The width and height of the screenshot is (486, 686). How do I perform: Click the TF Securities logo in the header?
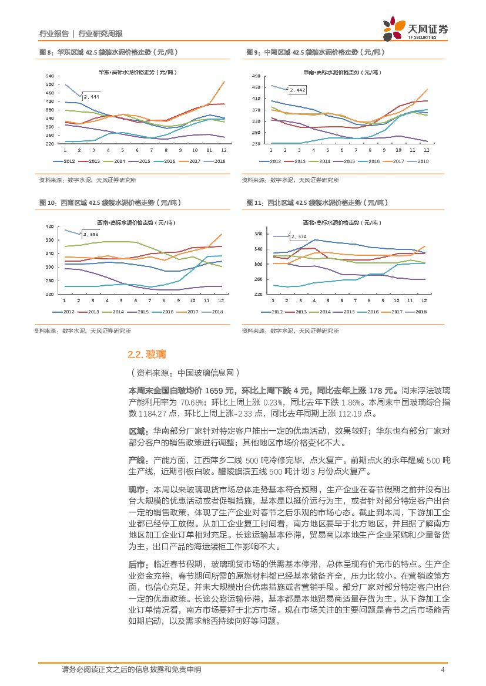[414, 28]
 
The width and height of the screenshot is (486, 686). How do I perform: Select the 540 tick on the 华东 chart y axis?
[49, 76]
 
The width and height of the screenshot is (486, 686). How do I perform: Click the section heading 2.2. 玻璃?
[146, 354]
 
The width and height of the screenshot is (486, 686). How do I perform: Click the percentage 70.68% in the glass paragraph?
[192, 403]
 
